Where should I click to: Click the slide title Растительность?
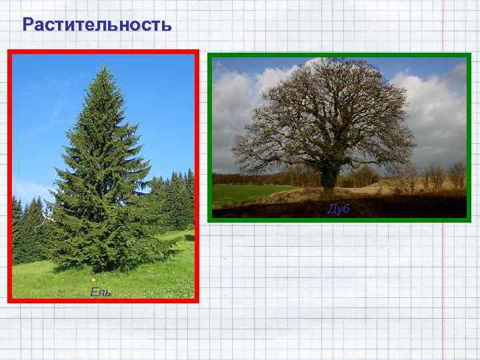97,25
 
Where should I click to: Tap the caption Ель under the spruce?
101,293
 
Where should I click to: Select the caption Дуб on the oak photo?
339,209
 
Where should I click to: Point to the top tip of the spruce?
103,65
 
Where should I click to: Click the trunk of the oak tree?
328,175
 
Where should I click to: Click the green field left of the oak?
247,194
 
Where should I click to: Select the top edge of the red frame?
103,51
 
